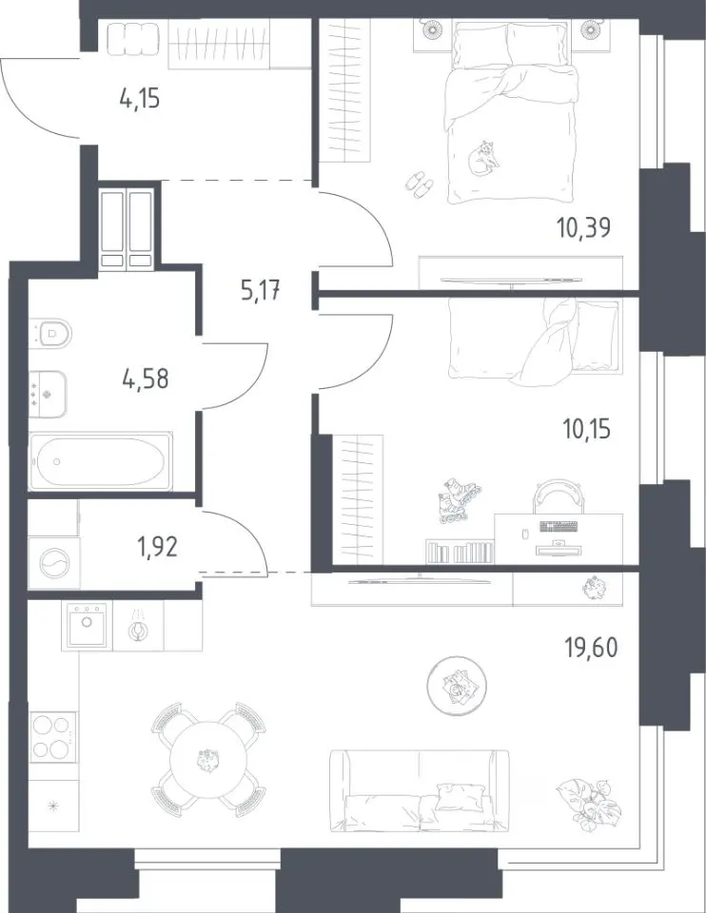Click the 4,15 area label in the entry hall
139,98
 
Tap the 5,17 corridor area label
261,289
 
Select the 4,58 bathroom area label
145,379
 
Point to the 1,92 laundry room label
157,548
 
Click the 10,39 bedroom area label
583,226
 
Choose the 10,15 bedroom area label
586,430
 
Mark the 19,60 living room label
591,647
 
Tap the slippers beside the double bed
419,185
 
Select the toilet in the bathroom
50,334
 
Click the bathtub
101,461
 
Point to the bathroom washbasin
48,394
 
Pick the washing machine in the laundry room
53,562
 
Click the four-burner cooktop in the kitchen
53,736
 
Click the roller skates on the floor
458,500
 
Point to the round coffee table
457,686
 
